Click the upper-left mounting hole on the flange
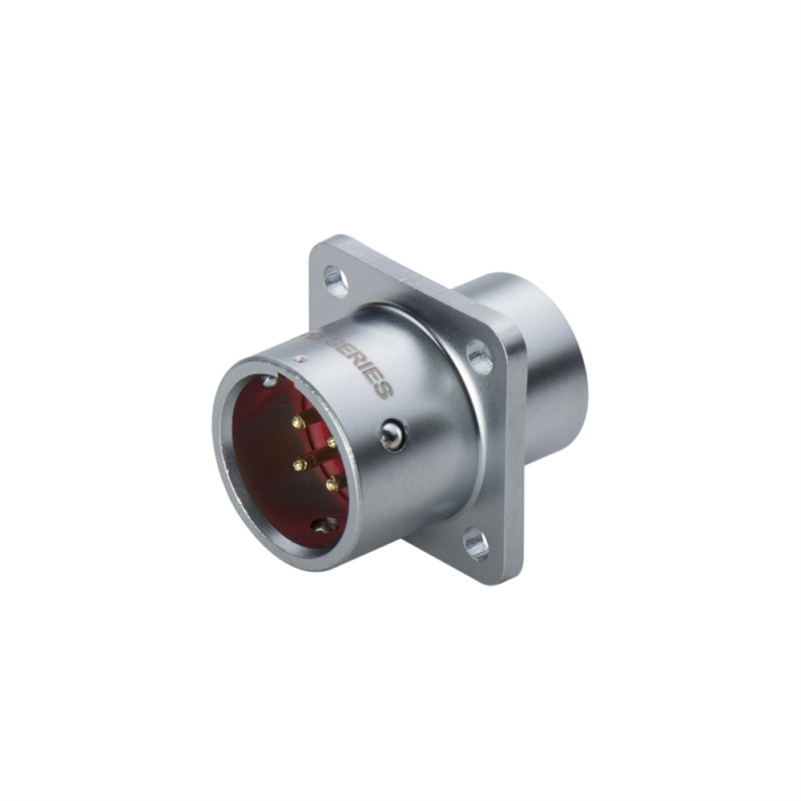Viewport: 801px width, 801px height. [x=336, y=281]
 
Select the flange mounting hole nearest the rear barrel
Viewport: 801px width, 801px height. [x=479, y=356]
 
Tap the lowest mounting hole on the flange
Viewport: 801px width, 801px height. [x=475, y=543]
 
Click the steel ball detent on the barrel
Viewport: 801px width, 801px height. [x=392, y=435]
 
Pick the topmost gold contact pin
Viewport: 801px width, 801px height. [x=297, y=421]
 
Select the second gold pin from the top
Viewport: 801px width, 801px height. [x=331, y=442]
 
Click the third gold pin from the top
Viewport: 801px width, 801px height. [x=300, y=465]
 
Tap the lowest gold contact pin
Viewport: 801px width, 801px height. [x=332, y=485]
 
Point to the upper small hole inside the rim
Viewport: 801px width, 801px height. [x=270, y=381]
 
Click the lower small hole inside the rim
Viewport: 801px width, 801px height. [x=325, y=525]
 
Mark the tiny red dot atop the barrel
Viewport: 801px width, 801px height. [x=298, y=360]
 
